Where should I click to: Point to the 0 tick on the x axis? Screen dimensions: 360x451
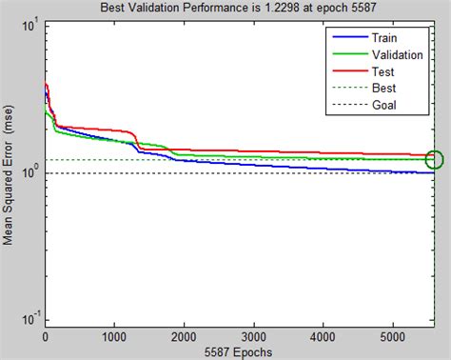46,335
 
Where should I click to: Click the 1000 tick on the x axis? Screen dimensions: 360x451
115,335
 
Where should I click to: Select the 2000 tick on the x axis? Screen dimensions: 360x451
185,335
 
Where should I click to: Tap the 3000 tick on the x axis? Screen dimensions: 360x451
254,335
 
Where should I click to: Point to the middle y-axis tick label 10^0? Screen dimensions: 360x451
30,172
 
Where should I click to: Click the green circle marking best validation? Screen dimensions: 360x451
435,159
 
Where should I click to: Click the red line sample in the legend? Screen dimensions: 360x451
348,71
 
